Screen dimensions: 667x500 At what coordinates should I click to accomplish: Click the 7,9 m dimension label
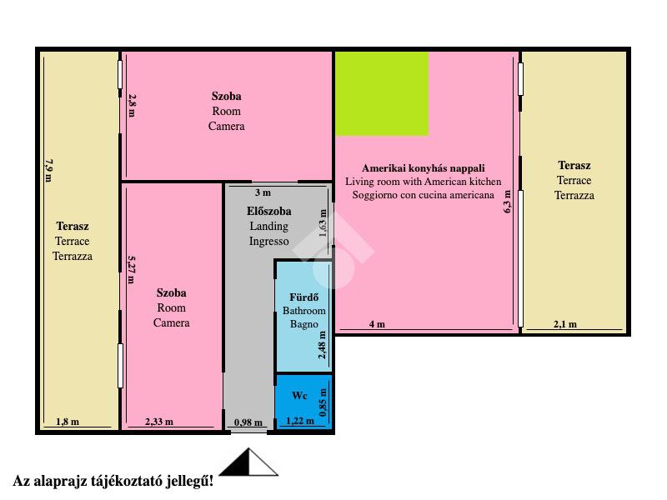tap(49, 171)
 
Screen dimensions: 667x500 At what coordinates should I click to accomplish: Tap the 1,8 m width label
tap(68, 422)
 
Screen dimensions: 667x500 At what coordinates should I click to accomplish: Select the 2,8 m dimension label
tap(132, 106)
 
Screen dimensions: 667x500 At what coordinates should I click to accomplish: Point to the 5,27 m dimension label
tap(132, 269)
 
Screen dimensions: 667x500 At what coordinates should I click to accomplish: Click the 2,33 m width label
tap(159, 422)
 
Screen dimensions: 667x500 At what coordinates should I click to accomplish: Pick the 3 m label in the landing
tap(263, 192)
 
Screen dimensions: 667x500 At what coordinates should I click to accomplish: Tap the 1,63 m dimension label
tap(323, 223)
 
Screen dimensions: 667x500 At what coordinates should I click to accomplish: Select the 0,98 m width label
tap(248, 422)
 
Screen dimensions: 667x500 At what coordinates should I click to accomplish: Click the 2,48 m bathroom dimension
tap(322, 345)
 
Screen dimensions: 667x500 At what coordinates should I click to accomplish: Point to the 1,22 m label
tap(300, 421)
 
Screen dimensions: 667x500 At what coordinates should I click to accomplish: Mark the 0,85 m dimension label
tap(323, 402)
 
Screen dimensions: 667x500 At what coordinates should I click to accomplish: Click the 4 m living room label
tap(377, 324)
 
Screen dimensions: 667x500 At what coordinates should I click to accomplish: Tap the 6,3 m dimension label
tap(508, 202)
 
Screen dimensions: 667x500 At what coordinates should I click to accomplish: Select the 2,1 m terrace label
tap(565, 324)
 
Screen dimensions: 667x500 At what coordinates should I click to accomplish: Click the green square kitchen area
tap(382, 93)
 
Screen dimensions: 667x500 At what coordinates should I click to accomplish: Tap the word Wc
tap(299, 395)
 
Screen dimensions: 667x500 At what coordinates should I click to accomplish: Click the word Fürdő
tap(303, 297)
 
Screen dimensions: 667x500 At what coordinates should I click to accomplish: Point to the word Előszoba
tap(268, 211)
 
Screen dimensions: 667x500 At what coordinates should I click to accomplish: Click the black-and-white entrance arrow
tap(248, 462)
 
